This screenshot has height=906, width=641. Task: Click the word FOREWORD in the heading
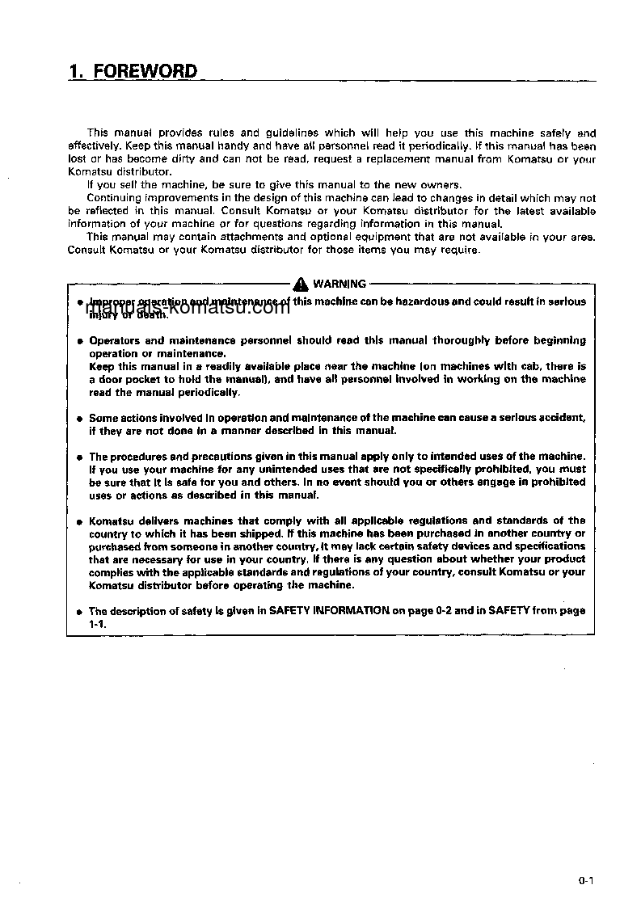145,71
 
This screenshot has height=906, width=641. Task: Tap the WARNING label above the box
339,284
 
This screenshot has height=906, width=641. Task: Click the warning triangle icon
301,284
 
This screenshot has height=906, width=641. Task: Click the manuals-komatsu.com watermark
186,307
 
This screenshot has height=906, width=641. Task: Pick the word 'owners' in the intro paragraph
442,185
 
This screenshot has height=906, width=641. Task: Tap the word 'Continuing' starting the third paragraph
113,198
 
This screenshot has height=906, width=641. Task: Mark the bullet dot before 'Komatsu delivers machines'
79,522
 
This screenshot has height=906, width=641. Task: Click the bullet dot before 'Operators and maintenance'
79,342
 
